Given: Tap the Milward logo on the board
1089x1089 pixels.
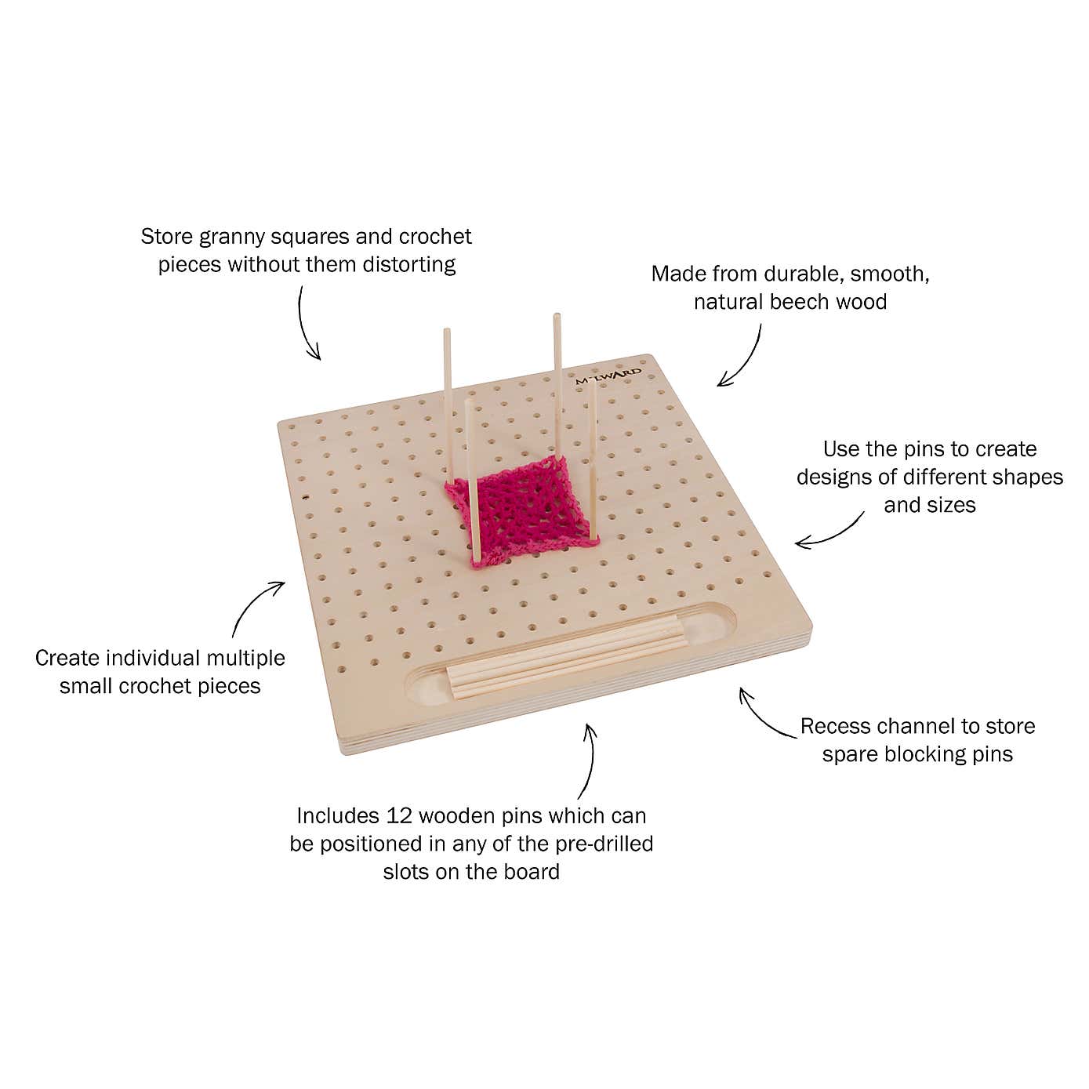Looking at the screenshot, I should (608, 375).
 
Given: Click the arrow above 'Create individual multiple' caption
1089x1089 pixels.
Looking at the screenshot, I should (256, 605).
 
